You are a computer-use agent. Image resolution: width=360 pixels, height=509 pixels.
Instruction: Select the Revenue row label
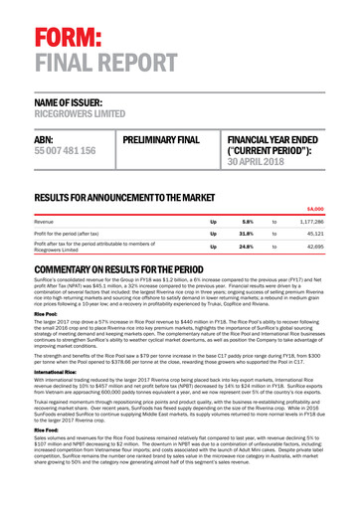(49, 222)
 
